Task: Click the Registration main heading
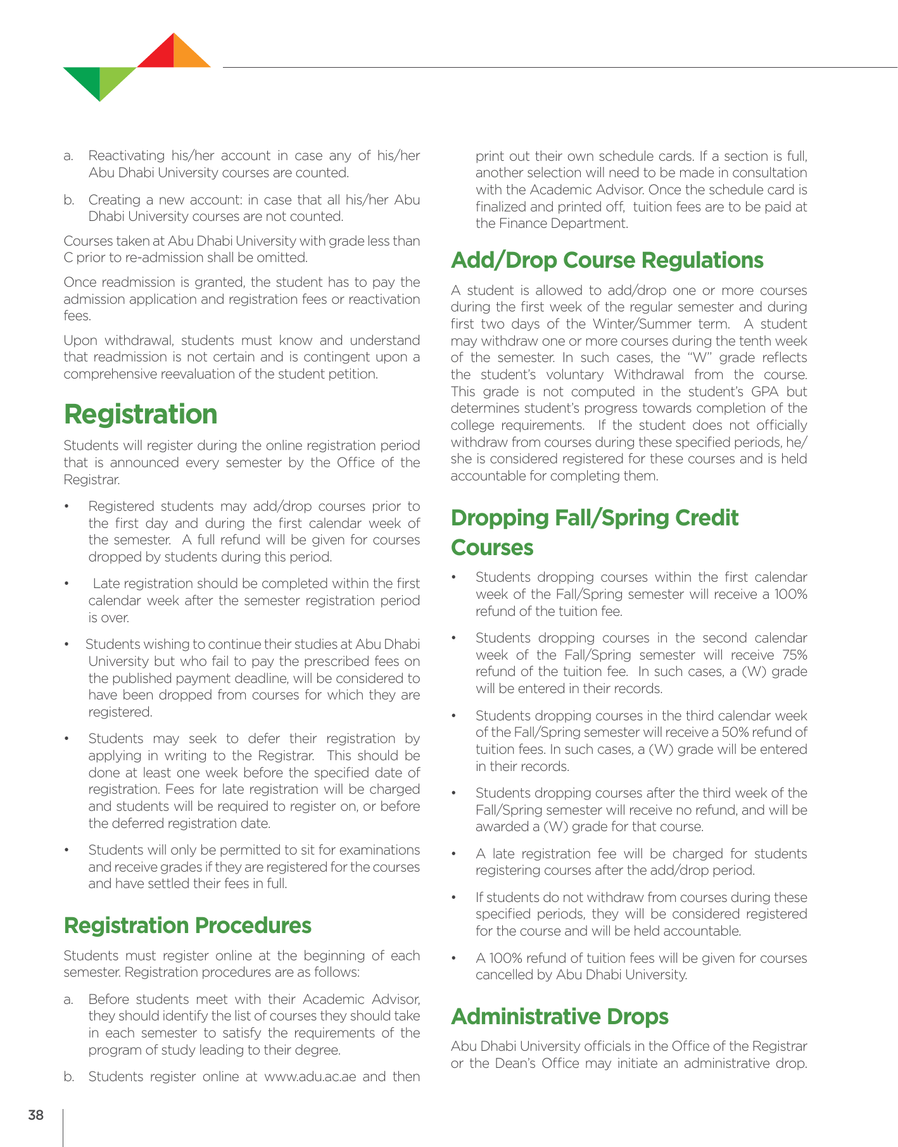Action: (x=141, y=415)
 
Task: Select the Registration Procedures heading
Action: (x=187, y=925)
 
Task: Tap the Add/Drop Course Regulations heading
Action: (x=607, y=260)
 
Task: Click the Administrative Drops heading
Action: (x=559, y=1017)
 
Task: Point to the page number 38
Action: (x=36, y=1115)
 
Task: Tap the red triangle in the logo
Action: (x=160, y=56)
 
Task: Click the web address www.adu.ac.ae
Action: (x=310, y=1077)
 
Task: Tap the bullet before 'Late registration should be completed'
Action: (x=67, y=584)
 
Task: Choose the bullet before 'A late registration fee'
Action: (x=454, y=854)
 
